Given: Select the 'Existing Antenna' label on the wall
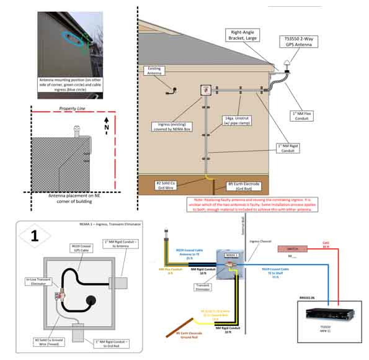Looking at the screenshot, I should coord(156,73).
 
